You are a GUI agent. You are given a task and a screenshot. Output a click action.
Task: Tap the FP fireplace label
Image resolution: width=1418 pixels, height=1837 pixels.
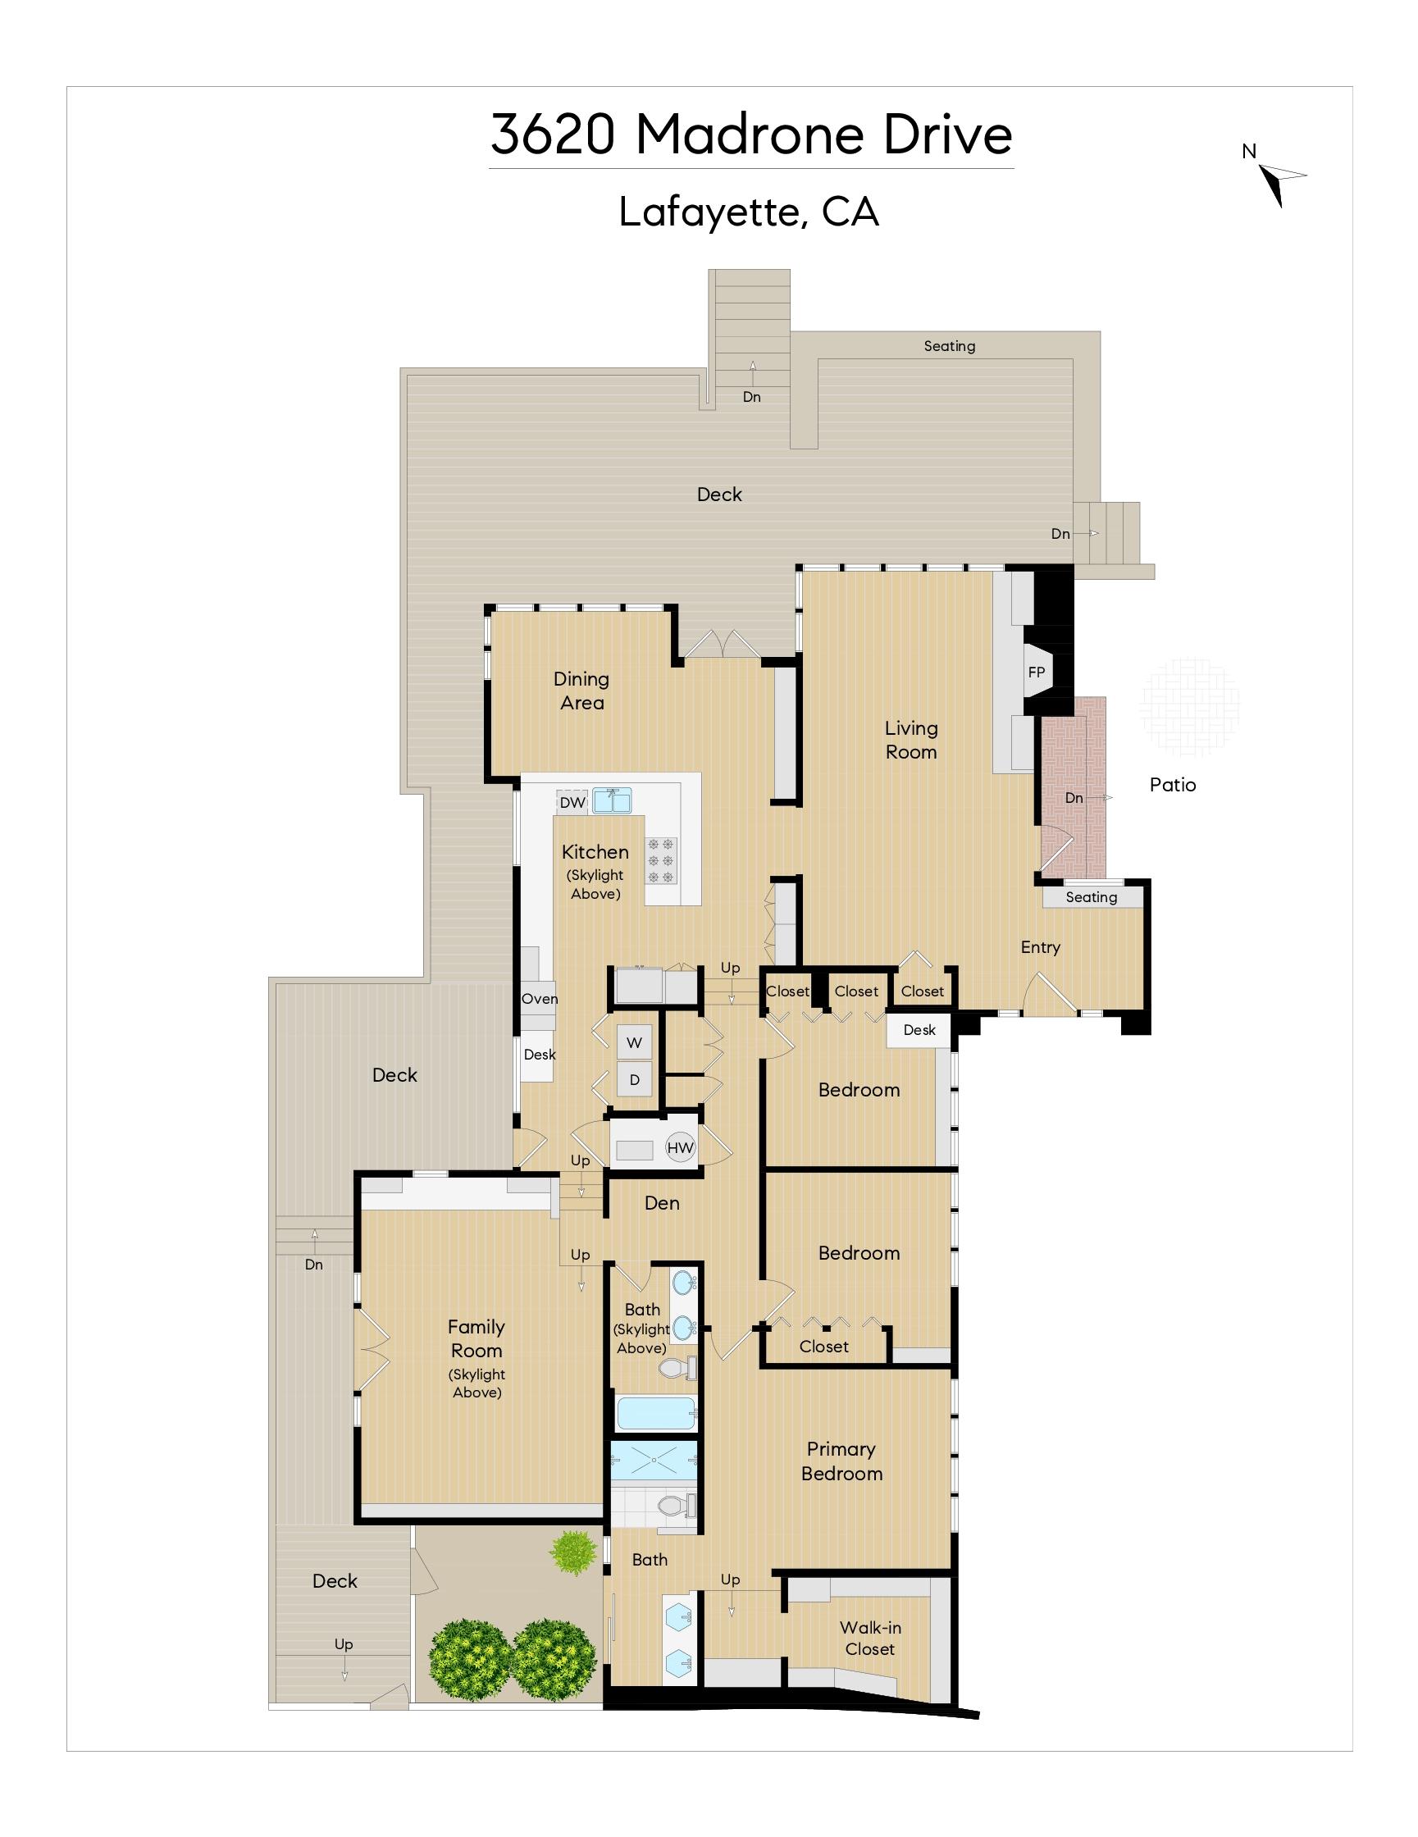tap(1035, 672)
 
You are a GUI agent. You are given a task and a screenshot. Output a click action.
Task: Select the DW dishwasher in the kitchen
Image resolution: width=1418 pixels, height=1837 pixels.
tap(572, 802)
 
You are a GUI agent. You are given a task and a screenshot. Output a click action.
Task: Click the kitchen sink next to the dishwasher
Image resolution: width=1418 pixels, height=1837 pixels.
tap(613, 800)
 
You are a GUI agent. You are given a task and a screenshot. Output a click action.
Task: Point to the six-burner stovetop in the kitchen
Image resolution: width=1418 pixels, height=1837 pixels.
tap(660, 860)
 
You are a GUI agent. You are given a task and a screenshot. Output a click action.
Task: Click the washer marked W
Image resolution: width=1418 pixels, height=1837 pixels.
tap(634, 1042)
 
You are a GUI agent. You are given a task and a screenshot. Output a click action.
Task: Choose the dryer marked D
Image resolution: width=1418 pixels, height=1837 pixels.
tap(634, 1080)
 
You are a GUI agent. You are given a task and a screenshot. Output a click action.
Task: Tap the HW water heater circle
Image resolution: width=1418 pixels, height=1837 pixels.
tap(681, 1147)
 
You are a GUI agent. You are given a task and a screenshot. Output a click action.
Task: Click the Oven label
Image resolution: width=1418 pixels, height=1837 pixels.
tap(539, 998)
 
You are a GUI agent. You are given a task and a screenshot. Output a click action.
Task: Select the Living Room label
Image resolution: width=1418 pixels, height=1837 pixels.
tap(911, 741)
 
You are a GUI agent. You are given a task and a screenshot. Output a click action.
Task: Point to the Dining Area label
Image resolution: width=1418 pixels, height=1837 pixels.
tap(581, 691)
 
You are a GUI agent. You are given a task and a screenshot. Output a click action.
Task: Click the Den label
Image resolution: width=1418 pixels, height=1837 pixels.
tap(662, 1203)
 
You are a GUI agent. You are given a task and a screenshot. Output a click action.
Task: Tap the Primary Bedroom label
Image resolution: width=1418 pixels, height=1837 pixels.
tap(842, 1461)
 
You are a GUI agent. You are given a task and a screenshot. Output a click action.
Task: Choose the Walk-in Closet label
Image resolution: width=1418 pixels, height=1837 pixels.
tap(869, 1639)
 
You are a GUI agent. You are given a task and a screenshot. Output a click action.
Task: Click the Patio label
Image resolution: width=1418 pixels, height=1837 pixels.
tap(1173, 785)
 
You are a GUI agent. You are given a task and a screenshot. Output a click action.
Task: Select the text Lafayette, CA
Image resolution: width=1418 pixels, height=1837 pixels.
tap(749, 212)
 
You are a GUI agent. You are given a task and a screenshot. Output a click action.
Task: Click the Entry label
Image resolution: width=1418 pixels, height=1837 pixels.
tap(1041, 947)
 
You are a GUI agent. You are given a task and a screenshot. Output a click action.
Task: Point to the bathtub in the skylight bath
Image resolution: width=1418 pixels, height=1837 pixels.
tap(656, 1413)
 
